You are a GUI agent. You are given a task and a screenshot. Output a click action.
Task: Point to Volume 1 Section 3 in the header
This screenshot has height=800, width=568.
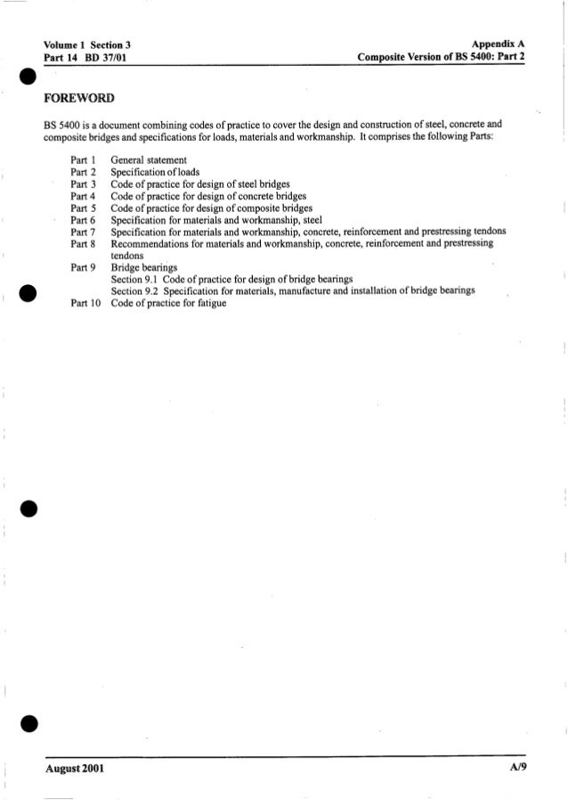coord(87,42)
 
